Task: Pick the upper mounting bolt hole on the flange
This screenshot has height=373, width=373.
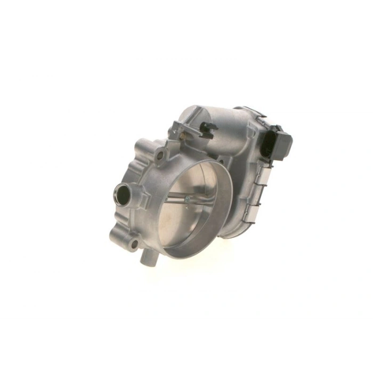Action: (159, 156)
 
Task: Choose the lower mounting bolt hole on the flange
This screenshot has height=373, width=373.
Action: (134, 245)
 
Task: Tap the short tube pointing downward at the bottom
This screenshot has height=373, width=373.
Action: (148, 260)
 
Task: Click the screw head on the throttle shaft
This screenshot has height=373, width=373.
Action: (187, 200)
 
